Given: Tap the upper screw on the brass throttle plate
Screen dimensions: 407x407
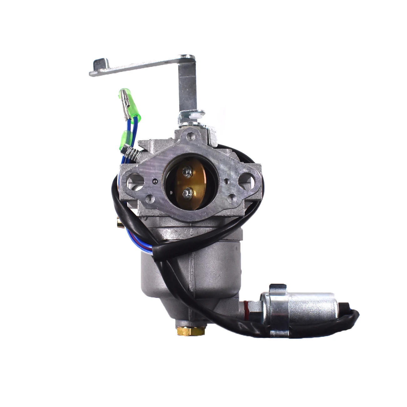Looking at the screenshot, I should [187, 171].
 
